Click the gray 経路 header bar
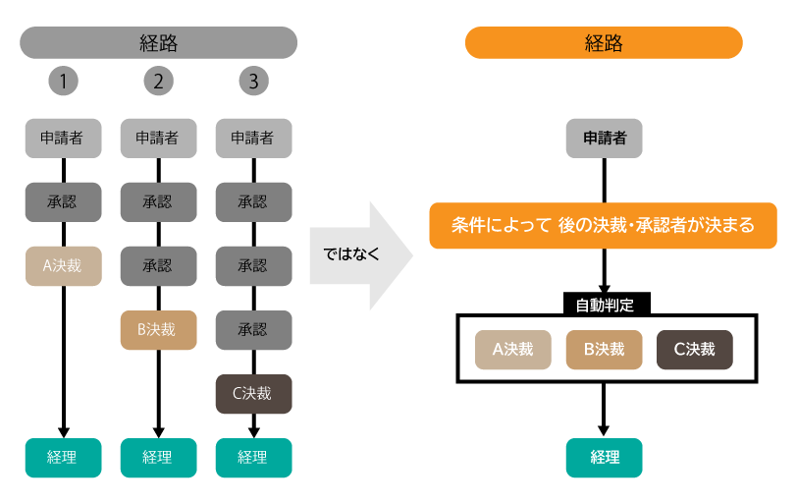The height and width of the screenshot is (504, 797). (x=158, y=43)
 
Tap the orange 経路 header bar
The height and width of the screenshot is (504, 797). (x=604, y=43)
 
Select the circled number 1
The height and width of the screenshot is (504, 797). (x=63, y=82)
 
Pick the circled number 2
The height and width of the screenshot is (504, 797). (x=158, y=82)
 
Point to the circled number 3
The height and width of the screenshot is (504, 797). (x=253, y=82)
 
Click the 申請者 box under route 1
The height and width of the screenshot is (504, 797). (x=63, y=139)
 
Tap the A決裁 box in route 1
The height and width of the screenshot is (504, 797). (x=63, y=266)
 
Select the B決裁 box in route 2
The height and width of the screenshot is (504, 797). (x=158, y=330)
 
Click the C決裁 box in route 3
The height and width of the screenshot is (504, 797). (x=253, y=394)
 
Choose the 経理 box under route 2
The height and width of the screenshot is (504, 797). (x=158, y=457)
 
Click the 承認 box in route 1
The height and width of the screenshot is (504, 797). (x=63, y=202)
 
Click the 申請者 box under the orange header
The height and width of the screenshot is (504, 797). (x=604, y=139)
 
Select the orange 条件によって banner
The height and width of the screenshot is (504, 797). (x=604, y=226)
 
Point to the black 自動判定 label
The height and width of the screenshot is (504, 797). (x=604, y=305)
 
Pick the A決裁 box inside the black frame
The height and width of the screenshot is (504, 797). (x=513, y=349)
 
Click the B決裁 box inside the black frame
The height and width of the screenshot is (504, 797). (x=604, y=349)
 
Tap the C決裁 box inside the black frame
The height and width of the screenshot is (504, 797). (x=694, y=349)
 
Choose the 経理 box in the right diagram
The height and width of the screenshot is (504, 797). (x=604, y=457)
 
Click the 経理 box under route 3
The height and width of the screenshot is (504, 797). (x=253, y=457)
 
